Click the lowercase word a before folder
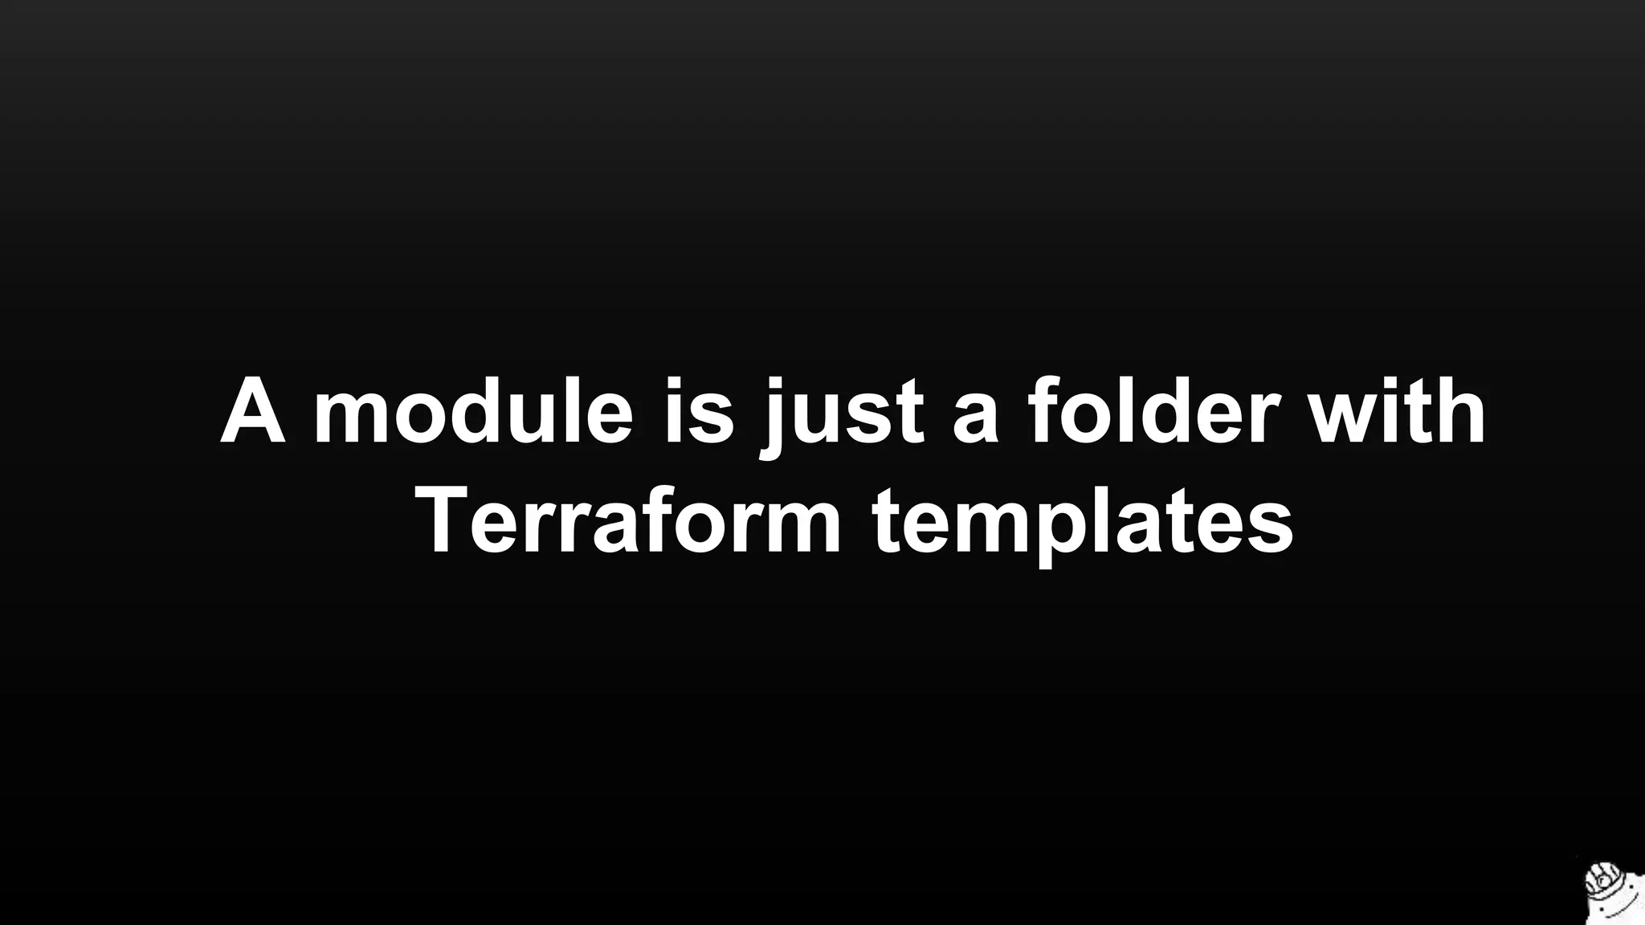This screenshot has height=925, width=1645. coord(974,418)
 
